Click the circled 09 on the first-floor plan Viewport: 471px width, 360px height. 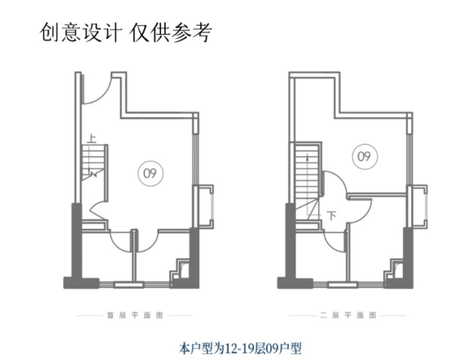(150, 172)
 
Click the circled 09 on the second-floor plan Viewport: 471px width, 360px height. (363, 156)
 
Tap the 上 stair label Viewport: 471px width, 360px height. (92, 136)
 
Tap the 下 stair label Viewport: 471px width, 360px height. (331, 215)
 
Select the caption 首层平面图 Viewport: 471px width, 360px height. (134, 315)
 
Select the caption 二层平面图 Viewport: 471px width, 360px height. (347, 315)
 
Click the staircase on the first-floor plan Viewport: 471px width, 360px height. (93, 162)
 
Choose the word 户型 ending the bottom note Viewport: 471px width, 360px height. (292, 348)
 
